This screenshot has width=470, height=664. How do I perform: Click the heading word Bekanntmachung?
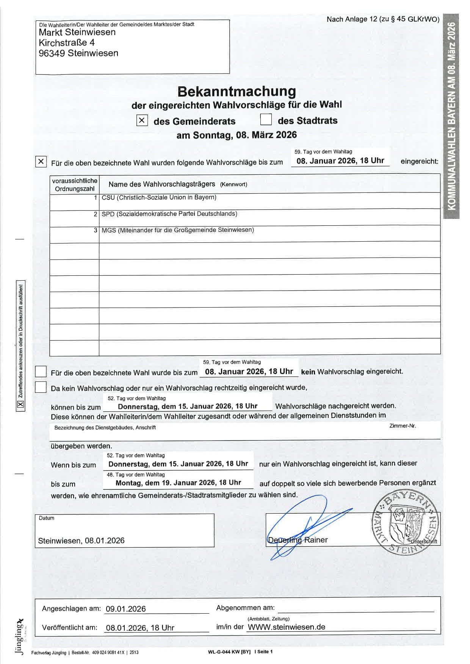click(x=237, y=91)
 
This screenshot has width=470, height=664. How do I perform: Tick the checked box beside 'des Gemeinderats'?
click(x=142, y=120)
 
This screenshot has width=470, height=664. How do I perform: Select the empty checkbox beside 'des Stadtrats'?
click(x=266, y=120)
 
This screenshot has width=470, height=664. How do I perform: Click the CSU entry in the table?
click(x=159, y=197)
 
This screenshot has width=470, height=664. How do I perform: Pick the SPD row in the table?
click(x=169, y=214)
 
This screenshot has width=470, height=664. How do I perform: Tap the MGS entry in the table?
click(x=177, y=230)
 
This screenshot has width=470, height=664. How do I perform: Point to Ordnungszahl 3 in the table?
click(x=96, y=230)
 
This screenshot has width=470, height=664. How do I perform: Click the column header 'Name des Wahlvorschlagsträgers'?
click(x=162, y=184)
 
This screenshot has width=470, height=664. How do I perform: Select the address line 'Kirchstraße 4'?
click(x=67, y=42)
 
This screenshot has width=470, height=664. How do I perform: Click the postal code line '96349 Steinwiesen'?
click(x=78, y=53)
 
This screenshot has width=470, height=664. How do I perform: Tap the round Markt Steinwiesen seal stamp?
click(x=406, y=523)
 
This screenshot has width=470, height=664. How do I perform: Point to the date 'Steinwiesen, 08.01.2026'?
click(x=81, y=541)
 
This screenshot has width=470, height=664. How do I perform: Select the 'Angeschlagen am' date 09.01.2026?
click(x=125, y=609)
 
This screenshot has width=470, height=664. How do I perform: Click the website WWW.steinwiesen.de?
click(x=286, y=627)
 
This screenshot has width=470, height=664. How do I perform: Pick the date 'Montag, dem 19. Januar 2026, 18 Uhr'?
click(x=178, y=483)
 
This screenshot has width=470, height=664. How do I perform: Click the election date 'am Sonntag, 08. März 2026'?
click(x=237, y=135)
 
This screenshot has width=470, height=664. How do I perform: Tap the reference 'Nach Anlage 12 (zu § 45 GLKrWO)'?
click(x=383, y=19)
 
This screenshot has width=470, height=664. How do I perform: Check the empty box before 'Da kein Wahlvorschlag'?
click(x=41, y=387)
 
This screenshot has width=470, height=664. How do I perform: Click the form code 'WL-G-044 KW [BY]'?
click(x=229, y=652)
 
